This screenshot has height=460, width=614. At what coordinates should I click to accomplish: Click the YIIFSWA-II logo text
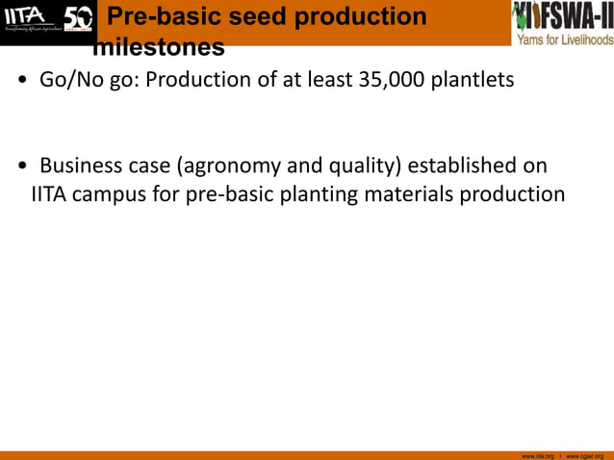(563, 15)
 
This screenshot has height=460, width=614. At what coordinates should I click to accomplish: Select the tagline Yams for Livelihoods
(564, 39)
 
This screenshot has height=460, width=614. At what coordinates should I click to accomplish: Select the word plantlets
(473, 80)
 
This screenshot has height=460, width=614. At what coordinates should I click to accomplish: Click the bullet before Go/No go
(20, 82)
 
